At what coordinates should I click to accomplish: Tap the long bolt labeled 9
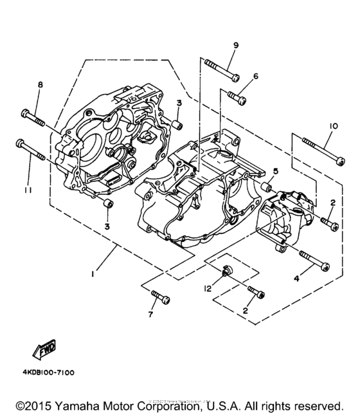(222, 70)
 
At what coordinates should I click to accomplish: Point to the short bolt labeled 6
(237, 98)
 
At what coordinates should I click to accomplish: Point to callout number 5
(275, 171)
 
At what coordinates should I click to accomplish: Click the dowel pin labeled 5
(264, 188)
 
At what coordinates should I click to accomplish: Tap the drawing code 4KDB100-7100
(51, 373)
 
